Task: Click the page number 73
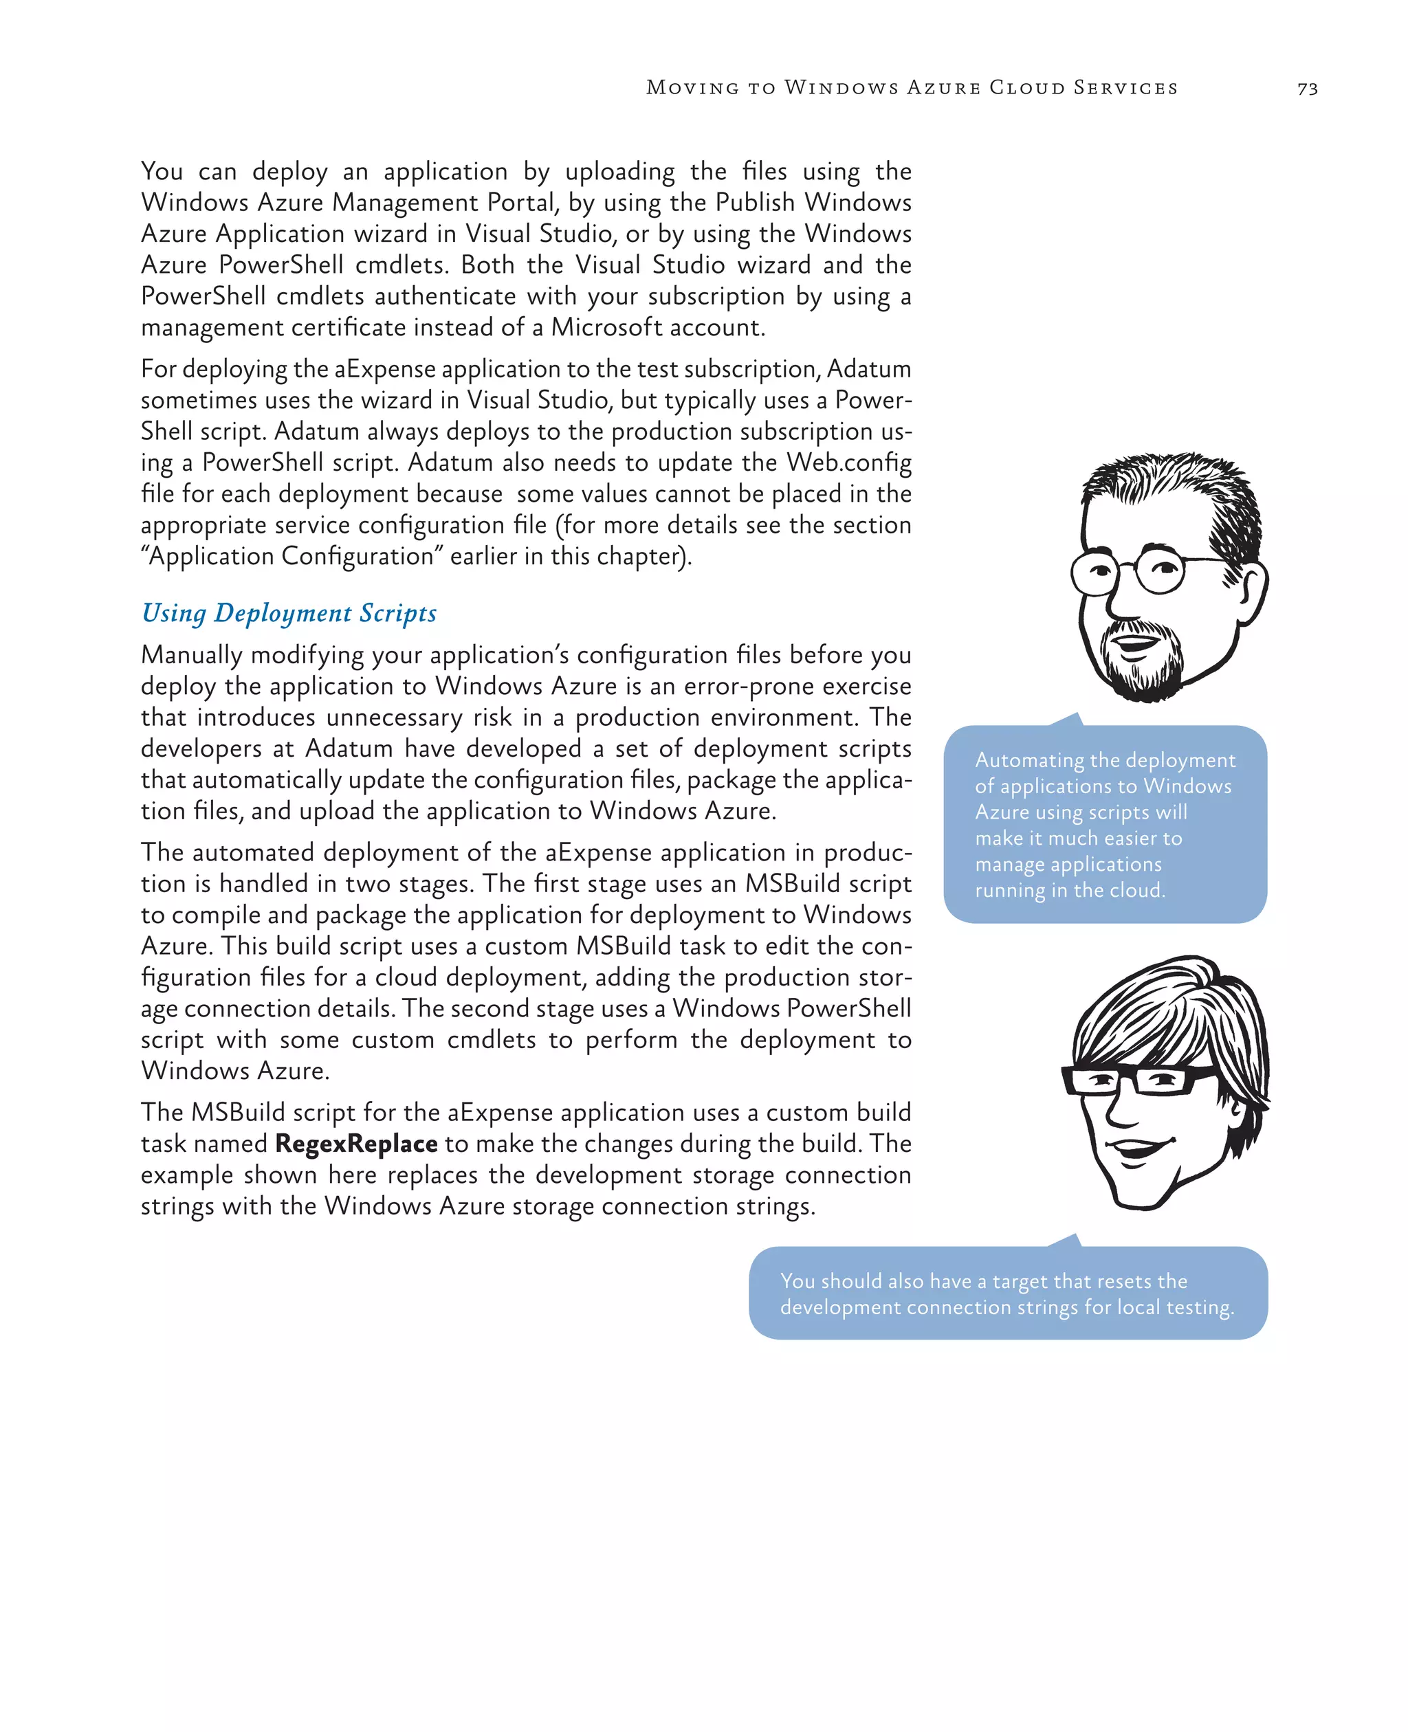pyautogui.click(x=1307, y=89)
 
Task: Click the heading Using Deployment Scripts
pyautogui.click(x=289, y=613)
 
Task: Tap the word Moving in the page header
pyautogui.click(x=692, y=87)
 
